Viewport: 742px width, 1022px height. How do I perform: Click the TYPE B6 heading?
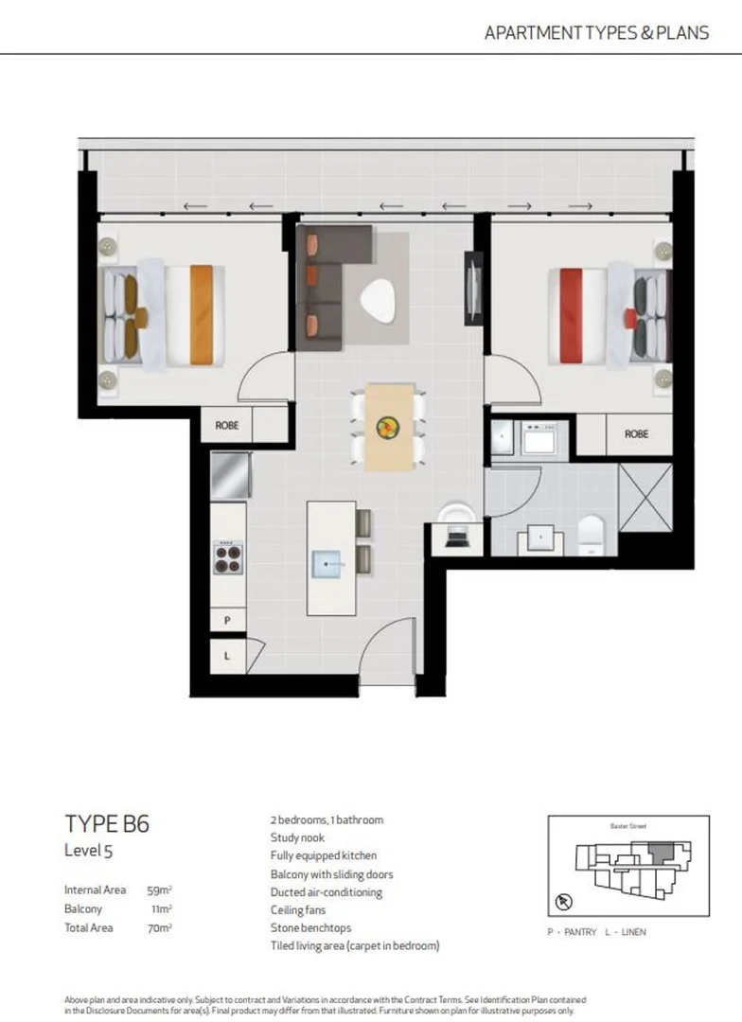pos(106,823)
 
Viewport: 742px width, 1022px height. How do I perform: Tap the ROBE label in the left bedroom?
pos(227,426)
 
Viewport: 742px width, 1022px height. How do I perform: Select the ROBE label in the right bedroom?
pos(637,434)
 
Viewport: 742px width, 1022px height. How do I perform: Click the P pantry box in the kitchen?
pos(227,621)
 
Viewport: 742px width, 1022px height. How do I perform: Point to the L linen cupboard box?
pos(227,654)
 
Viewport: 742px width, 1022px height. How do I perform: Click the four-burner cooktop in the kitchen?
pos(228,557)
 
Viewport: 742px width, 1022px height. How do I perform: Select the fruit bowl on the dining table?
pos(389,428)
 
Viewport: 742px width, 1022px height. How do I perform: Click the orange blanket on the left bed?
pos(201,314)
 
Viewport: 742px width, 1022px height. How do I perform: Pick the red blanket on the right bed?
pos(569,315)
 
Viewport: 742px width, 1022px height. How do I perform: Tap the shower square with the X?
pos(645,497)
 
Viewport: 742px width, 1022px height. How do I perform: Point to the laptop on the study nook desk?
pos(456,538)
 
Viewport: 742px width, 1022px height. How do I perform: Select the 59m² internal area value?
pos(159,890)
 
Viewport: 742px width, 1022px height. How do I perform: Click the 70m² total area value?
pos(159,928)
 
